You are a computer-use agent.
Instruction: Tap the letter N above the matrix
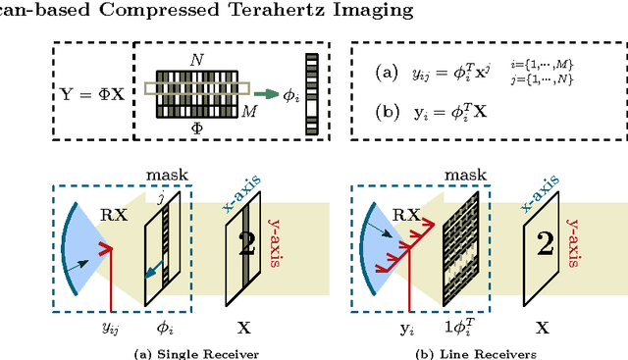click(x=196, y=58)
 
